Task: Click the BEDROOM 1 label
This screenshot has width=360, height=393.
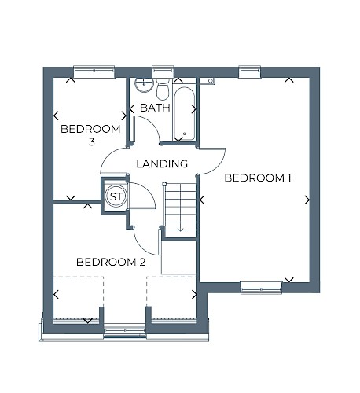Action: pyautogui.click(x=258, y=178)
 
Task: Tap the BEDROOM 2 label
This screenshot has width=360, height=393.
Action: pyautogui.click(x=111, y=262)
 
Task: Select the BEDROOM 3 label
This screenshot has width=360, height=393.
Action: pyautogui.click(x=90, y=135)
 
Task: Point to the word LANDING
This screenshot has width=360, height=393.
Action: pyautogui.click(x=162, y=164)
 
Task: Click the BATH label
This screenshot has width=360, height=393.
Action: pyautogui.click(x=155, y=108)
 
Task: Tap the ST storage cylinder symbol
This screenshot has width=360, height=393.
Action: pyautogui.click(x=116, y=196)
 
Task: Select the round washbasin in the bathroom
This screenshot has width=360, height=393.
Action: pyautogui.click(x=144, y=85)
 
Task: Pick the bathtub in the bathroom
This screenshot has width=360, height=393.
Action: pyautogui.click(x=184, y=113)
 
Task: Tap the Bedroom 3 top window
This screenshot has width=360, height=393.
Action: pyautogui.click(x=94, y=72)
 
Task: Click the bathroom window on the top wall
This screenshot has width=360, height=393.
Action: pyautogui.click(x=163, y=72)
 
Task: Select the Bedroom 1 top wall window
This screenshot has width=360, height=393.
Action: pyautogui.click(x=250, y=72)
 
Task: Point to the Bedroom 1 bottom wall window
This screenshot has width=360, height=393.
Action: pyautogui.click(x=261, y=288)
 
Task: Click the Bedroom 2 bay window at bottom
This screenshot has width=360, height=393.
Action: pyautogui.click(x=125, y=331)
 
